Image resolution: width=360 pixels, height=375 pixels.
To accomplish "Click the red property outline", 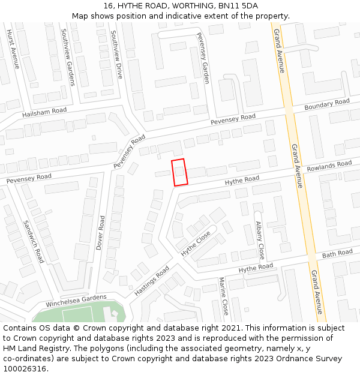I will pyautogui.click(x=179, y=172).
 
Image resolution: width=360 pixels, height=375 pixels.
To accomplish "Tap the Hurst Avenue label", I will pyautogui.click(x=13, y=49).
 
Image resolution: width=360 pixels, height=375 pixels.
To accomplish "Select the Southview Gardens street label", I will pyautogui.click(x=68, y=58).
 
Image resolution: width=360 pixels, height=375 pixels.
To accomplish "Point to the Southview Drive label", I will pyautogui.click(x=116, y=55).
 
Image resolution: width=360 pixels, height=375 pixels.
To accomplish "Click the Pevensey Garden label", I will pyautogui.click(x=203, y=58).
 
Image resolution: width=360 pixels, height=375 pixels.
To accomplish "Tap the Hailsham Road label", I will pyautogui.click(x=44, y=112).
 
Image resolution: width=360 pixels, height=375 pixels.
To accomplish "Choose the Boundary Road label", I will pyautogui.click(x=326, y=104).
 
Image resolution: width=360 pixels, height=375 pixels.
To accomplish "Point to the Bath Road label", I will pyautogui.click(x=337, y=254).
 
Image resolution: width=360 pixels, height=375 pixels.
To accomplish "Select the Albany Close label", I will pyautogui.click(x=260, y=240).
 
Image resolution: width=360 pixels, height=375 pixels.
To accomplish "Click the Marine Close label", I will pyautogui.click(x=223, y=296).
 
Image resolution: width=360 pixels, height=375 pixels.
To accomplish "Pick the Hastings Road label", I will pyautogui.click(x=152, y=281).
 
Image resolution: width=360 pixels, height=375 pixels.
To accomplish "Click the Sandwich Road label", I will pyautogui.click(x=34, y=241).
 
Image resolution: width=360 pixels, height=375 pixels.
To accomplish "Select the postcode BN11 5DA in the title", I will pyautogui.click(x=239, y=5).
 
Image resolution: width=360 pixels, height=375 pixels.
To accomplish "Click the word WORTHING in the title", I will pyautogui.click(x=179, y=5).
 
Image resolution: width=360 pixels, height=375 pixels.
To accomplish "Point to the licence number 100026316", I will pyautogui.click(x=25, y=368).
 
